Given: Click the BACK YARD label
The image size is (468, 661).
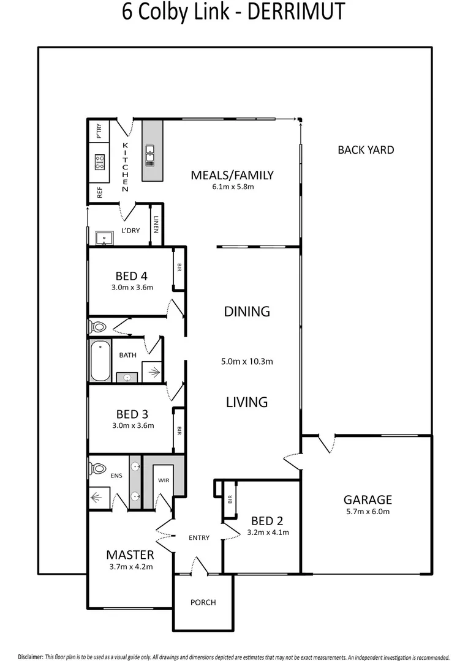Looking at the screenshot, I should coord(366,150).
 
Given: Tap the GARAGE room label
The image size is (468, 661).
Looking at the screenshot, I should coord(368,500).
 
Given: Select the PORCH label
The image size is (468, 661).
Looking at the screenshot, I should coord(203,602).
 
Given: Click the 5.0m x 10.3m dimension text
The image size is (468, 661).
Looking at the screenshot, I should coord(247,361).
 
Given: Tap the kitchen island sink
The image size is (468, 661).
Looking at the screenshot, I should coord(150,156).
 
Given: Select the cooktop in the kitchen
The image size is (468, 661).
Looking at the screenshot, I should coord(100,162).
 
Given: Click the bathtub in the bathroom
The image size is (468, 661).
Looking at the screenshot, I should coord(100,361).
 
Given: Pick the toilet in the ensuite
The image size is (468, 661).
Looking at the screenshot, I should coord(97,469).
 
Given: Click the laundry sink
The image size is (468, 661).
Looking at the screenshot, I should coord(103,237).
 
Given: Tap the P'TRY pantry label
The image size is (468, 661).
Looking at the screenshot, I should coord(99,131).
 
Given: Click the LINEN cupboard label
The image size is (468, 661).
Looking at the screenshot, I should coord(156,226).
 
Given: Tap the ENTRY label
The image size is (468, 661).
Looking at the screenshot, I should coord(199,537).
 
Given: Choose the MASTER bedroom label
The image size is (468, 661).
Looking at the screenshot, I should coord(130,555).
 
